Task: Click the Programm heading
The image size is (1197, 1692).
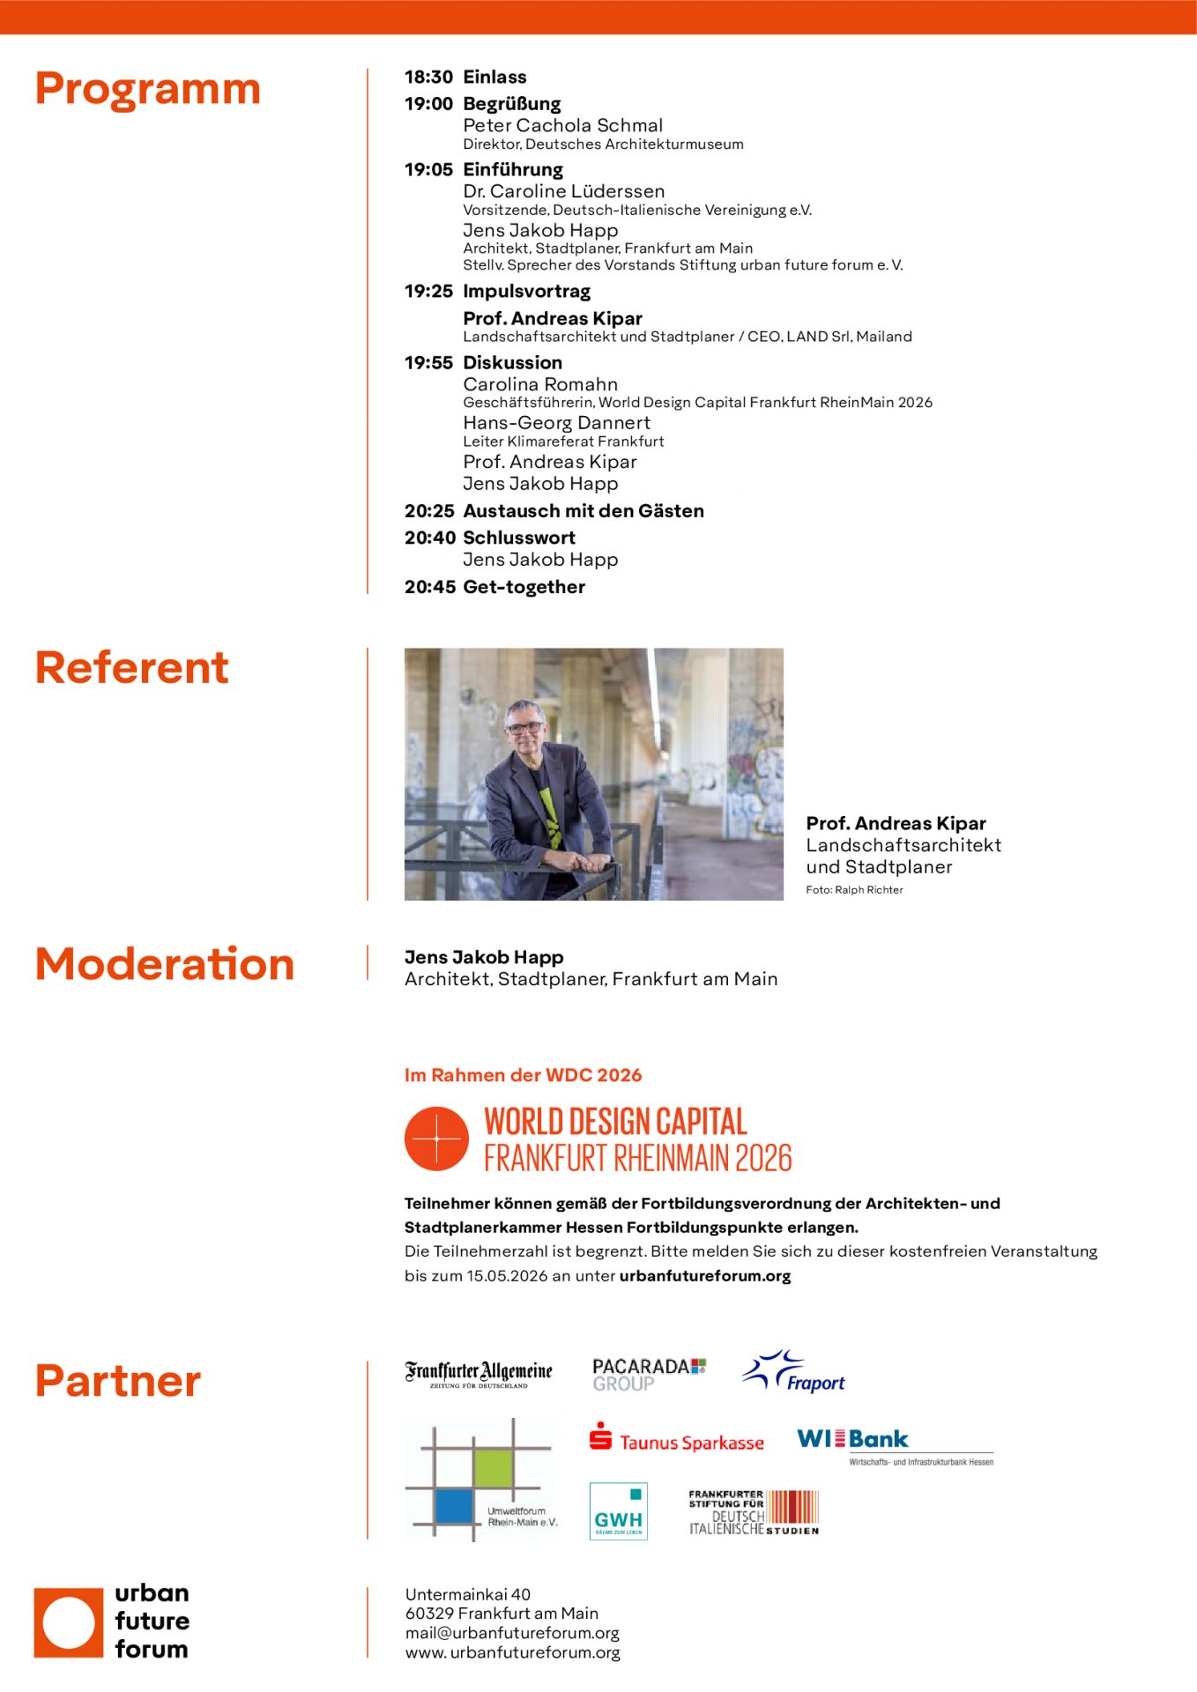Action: pos(147,90)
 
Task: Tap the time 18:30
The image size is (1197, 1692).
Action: pos(428,78)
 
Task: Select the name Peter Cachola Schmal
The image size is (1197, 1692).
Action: pos(562,125)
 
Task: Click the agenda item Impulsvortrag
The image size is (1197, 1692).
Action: pos(526,291)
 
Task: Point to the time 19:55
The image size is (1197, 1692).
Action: pos(428,363)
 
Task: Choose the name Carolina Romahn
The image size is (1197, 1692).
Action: pos(540,384)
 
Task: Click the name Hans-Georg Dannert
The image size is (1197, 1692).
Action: pos(556,423)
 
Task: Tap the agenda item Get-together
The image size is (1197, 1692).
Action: pos(524,587)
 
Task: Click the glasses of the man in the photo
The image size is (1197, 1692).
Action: pos(525,728)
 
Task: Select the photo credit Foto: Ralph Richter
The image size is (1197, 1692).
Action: pos(854,890)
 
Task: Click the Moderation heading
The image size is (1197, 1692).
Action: pos(165,964)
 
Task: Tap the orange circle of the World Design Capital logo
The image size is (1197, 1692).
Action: pos(436,1139)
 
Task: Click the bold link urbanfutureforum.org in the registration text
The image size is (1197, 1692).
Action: pos(705,1276)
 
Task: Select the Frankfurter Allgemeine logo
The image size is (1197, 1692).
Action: pos(479,1374)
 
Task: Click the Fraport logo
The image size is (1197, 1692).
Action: pos(795,1373)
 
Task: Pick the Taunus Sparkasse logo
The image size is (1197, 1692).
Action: pos(677,1441)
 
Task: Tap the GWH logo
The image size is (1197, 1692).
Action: pos(618,1511)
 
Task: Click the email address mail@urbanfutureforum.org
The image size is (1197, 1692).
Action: pos(512,1633)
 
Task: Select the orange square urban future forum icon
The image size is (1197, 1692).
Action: pos(69,1622)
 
